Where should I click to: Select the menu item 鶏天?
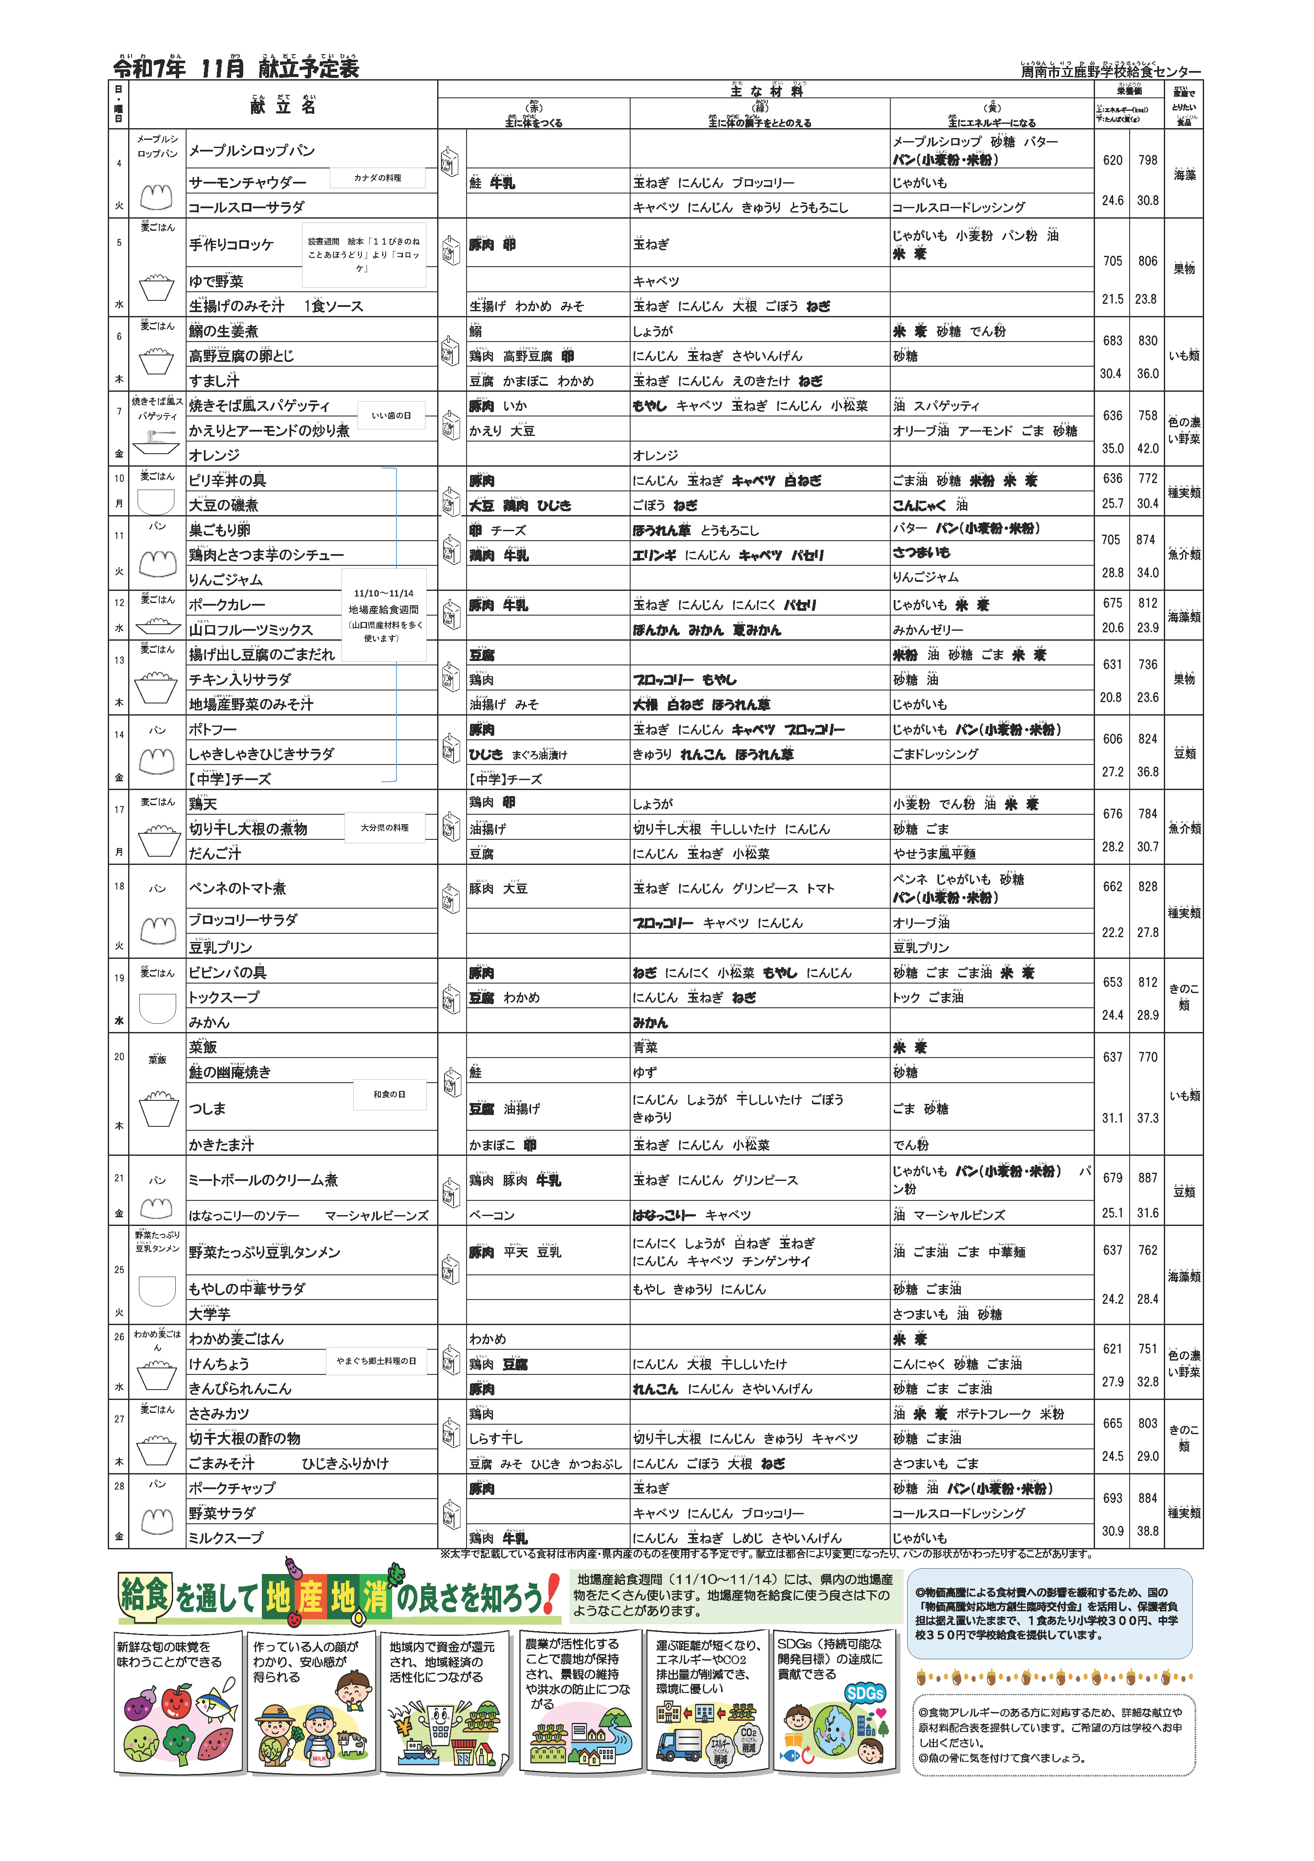point(203,804)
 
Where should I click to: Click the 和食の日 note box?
point(389,1094)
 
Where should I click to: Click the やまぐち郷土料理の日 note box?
point(376,1361)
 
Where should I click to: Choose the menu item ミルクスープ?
point(226,1538)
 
